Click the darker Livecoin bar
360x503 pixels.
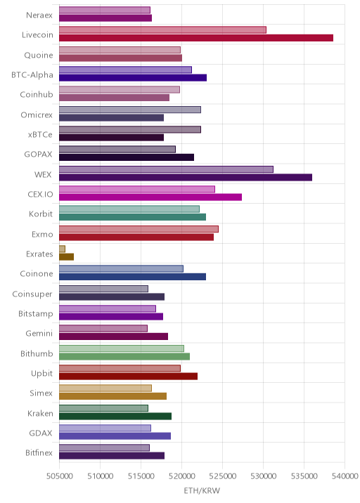[x=196, y=38]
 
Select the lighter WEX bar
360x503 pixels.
[x=166, y=169]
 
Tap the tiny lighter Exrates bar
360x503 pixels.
[x=62, y=249]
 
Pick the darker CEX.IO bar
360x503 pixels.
[x=150, y=197]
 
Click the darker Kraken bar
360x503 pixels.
[x=115, y=416]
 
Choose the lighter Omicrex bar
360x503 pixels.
[x=130, y=110]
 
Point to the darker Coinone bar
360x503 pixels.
[x=132, y=277]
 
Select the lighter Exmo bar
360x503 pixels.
[x=139, y=229]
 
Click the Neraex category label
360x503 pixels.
[x=39, y=15]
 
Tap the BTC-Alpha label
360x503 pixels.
[x=32, y=74]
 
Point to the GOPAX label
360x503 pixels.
[x=38, y=155]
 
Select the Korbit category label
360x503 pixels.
[x=41, y=214]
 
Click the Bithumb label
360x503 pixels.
[x=37, y=353]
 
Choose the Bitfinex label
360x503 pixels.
[x=39, y=452]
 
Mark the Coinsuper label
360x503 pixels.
[x=32, y=294]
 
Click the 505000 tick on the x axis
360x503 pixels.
[x=59, y=476]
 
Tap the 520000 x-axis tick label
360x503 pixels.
[x=182, y=476]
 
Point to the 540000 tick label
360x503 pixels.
[x=345, y=476]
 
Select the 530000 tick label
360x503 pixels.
[x=264, y=476]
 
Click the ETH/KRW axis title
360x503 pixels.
[x=202, y=490]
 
